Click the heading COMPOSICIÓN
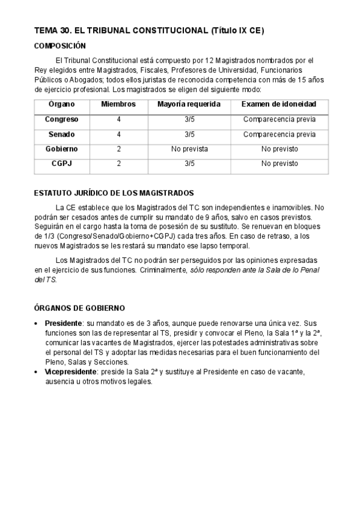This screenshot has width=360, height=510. pyautogui.click(x=60, y=46)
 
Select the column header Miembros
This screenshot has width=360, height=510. pyautogui.click(x=118, y=105)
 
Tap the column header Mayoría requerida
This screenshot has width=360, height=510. pyautogui.click(x=189, y=105)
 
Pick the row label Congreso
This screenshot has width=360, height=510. pyautogui.click(x=61, y=120)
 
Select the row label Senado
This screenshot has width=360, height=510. pyautogui.click(x=61, y=134)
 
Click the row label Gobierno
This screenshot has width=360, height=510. pyautogui.click(x=61, y=149)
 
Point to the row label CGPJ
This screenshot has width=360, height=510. pyautogui.click(x=61, y=163)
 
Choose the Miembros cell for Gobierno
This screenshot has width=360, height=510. pyautogui.click(x=119, y=149)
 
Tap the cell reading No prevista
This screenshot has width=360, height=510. pyautogui.click(x=189, y=149)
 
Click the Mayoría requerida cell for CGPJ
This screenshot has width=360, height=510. pyautogui.click(x=189, y=163)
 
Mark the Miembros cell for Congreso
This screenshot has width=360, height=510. pyautogui.click(x=119, y=120)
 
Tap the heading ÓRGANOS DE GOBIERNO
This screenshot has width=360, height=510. pyautogui.click(x=79, y=308)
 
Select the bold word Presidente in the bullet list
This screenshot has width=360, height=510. pyautogui.click(x=64, y=323)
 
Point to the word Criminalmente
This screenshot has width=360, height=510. pyautogui.click(x=163, y=271)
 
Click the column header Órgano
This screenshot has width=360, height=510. pyautogui.click(x=61, y=105)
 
